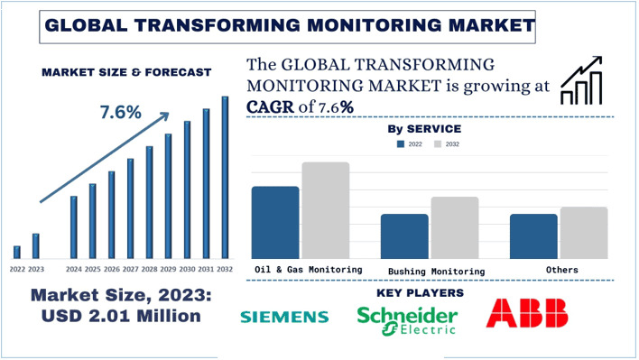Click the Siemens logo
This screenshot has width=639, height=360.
click(284, 317)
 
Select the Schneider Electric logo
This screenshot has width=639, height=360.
click(407, 316)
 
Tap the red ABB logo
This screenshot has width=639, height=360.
click(528, 313)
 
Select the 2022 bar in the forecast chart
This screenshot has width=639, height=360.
click(16, 252)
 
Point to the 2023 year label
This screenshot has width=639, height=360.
click(36, 270)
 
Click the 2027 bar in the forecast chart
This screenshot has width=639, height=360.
click(130, 208)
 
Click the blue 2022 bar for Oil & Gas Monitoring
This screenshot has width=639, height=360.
click(275, 223)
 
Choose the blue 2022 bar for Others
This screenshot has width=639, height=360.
click(533, 236)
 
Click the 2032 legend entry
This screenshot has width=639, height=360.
click(446, 144)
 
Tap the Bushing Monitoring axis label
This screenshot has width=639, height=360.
click(436, 271)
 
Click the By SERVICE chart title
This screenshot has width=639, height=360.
click(424, 129)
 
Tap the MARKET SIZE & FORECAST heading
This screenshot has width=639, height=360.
click(126, 72)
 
